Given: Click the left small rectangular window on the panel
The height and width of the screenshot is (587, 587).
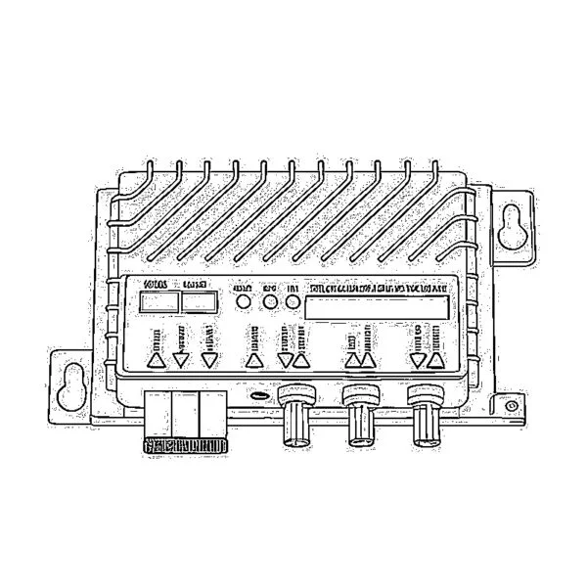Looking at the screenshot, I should [157, 303].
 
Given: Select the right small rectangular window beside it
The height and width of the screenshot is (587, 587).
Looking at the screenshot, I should [199, 303].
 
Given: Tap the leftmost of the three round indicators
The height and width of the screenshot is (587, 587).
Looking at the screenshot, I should [244, 304].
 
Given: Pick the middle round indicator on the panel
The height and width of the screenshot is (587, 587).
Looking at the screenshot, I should [270, 304].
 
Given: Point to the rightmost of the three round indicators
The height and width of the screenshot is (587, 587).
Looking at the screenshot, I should [293, 304].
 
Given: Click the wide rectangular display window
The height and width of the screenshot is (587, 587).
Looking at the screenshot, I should [378, 307].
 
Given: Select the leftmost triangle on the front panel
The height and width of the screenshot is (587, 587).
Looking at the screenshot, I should [156, 359].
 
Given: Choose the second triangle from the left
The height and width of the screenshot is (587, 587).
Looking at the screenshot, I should [181, 360].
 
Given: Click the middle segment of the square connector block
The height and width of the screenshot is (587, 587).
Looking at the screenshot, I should [185, 413].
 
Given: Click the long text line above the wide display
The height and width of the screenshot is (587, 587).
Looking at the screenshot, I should [378, 289].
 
